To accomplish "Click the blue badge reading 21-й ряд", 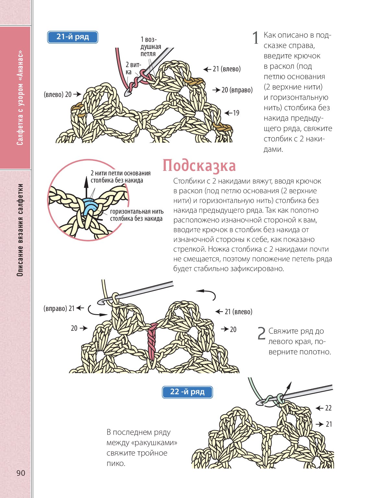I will [73, 37].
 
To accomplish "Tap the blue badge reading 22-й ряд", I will [187, 392].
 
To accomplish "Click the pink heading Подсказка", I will [199, 165].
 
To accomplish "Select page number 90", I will [20, 473].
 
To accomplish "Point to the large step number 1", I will [256, 38].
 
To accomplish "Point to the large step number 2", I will [261, 334].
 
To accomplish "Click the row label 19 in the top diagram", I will [236, 113].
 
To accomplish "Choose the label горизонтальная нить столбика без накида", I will [136, 215].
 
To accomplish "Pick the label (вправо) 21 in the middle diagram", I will [59, 308].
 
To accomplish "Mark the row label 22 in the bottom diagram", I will [328, 408].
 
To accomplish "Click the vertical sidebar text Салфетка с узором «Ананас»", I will [20, 97].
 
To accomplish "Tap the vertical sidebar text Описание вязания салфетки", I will [20, 230].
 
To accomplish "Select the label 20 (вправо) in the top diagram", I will [237, 90].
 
